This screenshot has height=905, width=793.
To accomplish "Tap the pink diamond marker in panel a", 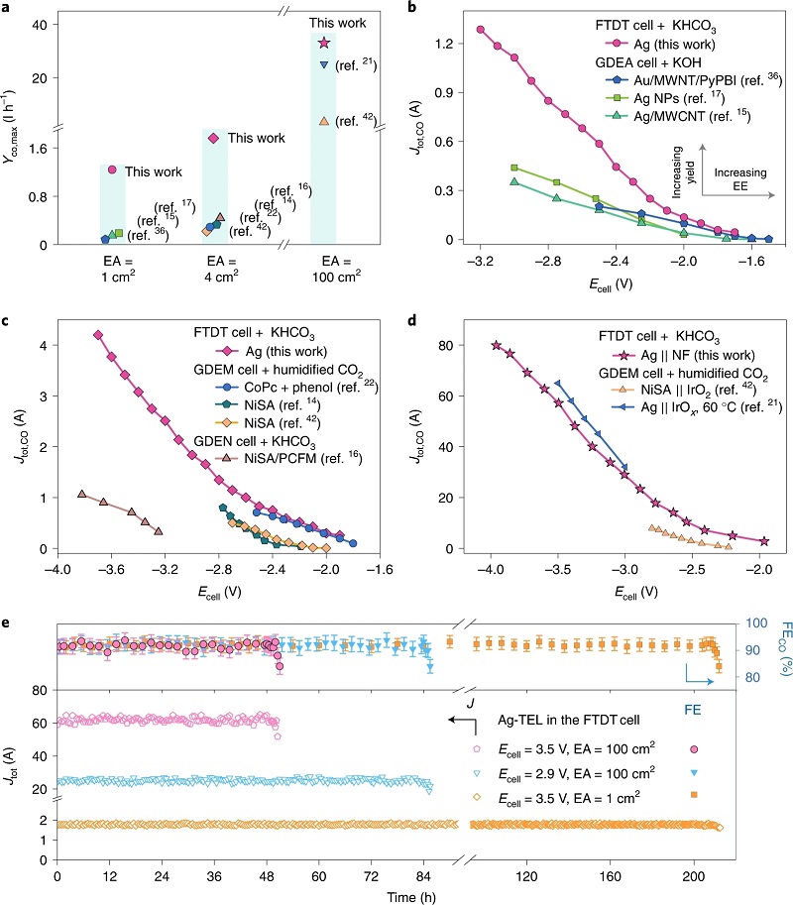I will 213,138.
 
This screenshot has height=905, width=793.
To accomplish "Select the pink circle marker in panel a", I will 113,170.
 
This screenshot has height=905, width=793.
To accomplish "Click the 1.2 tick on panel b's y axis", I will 442,45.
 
